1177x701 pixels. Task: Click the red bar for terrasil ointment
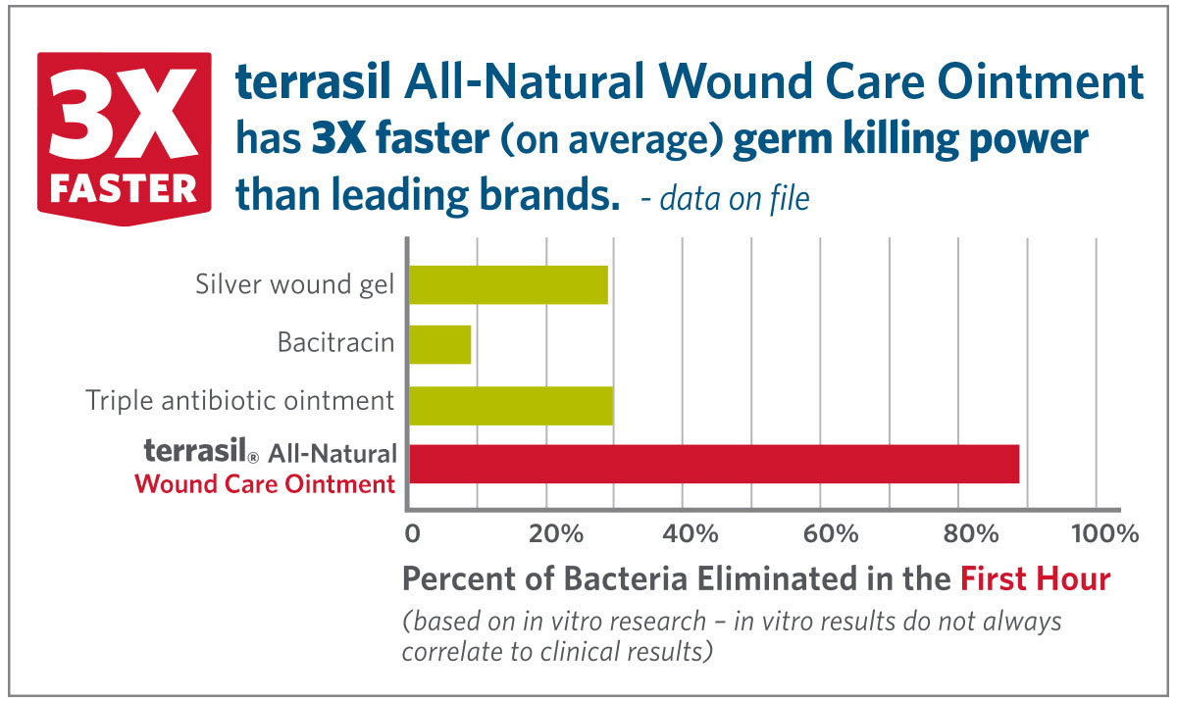click(x=713, y=464)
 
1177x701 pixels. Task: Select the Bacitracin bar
click(x=439, y=345)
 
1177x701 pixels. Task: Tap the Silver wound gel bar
click(x=508, y=285)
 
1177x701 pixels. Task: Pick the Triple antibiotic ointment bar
click(x=510, y=405)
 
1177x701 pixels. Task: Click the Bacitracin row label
click(x=335, y=344)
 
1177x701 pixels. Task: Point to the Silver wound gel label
click(x=294, y=285)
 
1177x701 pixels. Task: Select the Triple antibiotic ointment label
click(x=240, y=401)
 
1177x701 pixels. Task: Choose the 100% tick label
click(x=1105, y=534)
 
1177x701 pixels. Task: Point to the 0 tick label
click(x=412, y=534)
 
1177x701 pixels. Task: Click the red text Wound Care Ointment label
click(x=265, y=483)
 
